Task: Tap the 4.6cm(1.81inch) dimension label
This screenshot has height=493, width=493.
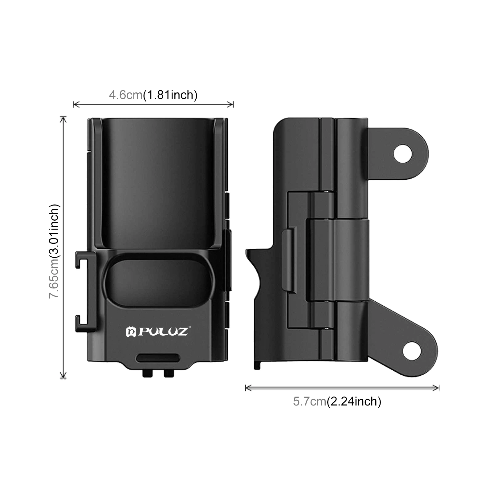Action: pyautogui.click(x=153, y=95)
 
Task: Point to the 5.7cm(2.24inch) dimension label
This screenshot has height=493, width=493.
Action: pyautogui.click(x=337, y=401)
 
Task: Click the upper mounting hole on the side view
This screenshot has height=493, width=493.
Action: pyautogui.click(x=403, y=153)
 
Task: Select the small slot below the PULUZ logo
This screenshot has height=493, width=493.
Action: pyautogui.click(x=158, y=358)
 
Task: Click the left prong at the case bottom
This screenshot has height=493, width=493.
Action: pyautogui.click(x=148, y=373)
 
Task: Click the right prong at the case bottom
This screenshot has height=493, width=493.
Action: pyautogui.click(x=169, y=373)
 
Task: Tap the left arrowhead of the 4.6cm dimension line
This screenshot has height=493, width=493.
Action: pyautogui.click(x=75, y=104)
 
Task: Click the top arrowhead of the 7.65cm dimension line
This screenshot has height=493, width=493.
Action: pyautogui.click(x=63, y=119)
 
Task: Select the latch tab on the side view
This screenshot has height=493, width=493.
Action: pyautogui.click(x=289, y=260)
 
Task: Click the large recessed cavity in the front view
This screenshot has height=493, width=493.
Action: pyautogui.click(x=158, y=182)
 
